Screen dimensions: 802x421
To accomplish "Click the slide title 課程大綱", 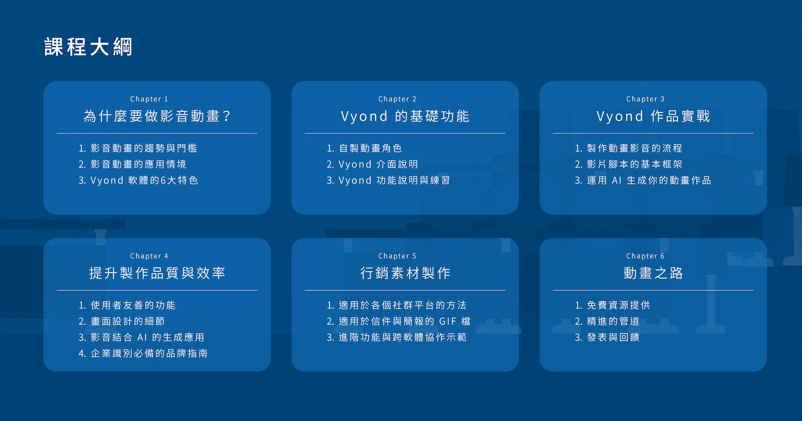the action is (x=88, y=47).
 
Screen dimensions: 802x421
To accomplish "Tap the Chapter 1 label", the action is (x=149, y=99).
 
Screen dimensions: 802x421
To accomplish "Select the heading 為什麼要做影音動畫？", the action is (x=157, y=116).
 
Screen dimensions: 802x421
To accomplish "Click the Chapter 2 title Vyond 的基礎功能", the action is (x=405, y=116).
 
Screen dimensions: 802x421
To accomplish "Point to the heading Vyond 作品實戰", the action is (x=653, y=116).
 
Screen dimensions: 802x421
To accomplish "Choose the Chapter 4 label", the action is (x=149, y=256).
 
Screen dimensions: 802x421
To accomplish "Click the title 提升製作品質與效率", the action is (x=157, y=273).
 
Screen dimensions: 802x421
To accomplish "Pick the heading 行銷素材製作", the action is (x=405, y=273).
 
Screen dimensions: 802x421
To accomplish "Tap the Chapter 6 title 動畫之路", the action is (x=653, y=273).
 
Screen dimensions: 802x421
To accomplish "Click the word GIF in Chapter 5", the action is (x=448, y=321).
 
